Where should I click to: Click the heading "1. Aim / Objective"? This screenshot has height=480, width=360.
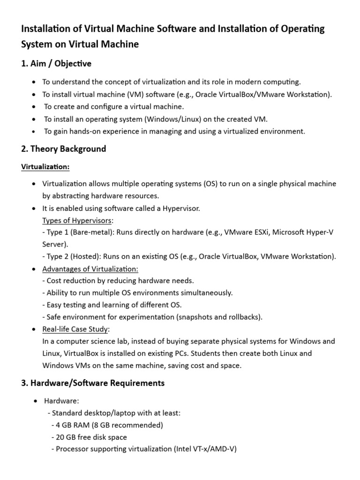[x=56, y=63]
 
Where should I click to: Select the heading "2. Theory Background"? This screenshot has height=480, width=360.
[x=64, y=149]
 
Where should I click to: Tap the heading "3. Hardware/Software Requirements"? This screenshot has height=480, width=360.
[x=93, y=383]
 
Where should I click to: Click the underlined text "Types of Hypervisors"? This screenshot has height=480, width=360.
[x=77, y=220]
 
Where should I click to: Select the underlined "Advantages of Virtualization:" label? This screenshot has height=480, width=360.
[x=90, y=269]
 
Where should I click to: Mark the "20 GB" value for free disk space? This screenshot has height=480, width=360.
[x=66, y=437]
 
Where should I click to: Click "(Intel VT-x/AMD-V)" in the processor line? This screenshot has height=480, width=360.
[x=205, y=449]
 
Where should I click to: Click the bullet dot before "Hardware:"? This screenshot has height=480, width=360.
[x=35, y=401]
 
